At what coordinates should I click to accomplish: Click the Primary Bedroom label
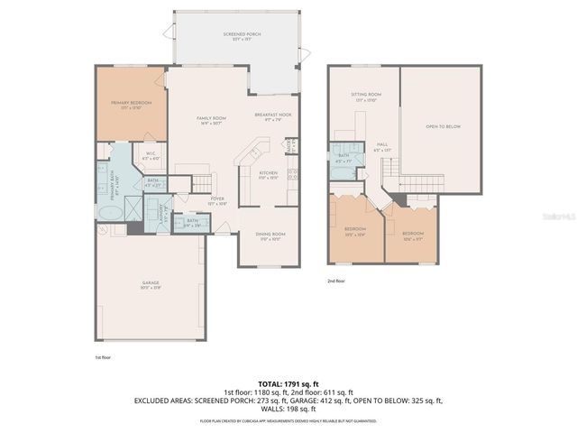[131, 104]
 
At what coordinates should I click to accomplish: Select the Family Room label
[212, 120]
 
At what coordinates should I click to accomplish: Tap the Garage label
[150, 285]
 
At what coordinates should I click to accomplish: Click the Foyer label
[216, 200]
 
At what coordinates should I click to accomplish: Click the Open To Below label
[443, 127]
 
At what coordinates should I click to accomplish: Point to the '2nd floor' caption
[335, 281]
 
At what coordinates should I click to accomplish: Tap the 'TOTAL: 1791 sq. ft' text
[288, 383]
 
